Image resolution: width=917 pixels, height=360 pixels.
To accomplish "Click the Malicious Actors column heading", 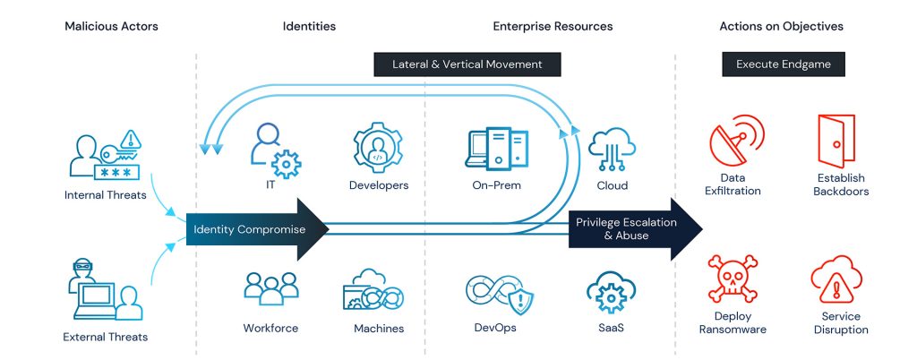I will coord(111,27).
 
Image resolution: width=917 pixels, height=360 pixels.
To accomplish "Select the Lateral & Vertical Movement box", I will coord(467,64).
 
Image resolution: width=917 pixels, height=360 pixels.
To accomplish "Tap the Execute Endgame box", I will coord(784,64).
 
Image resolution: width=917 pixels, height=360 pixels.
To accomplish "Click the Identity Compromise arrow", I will coord(255,230).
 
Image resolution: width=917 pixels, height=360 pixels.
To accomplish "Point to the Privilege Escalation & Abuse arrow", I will coord(631,229).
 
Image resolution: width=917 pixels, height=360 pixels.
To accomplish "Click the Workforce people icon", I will coord(270,289).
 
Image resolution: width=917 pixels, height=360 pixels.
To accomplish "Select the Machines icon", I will coord(373,291).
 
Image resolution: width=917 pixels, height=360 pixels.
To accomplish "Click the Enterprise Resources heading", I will coord(553,27).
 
